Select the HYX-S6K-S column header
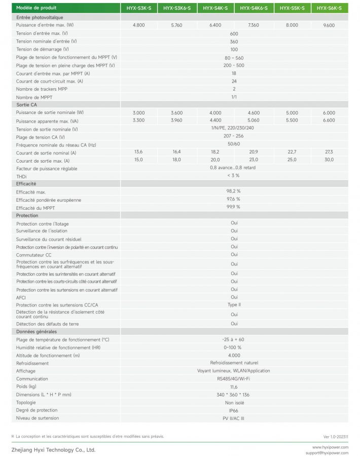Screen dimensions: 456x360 pyautogui.click(x=329, y=8)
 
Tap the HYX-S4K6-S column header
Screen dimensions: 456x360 pyautogui.click(x=254, y=8)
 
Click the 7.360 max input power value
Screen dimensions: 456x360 pyautogui.click(x=254, y=25)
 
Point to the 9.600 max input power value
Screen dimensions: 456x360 pyautogui.click(x=329, y=25)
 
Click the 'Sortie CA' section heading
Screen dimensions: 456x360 pyautogui.click(x=26, y=104)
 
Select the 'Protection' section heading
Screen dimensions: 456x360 pyautogui.click(x=27, y=215)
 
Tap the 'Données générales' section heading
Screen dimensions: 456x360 pyautogui.click(x=36, y=331)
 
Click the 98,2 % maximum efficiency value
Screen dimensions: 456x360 pyautogui.click(x=234, y=192)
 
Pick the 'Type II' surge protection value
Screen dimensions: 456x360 pyautogui.click(x=234, y=305)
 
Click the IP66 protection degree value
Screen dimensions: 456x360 pyautogui.click(x=234, y=410)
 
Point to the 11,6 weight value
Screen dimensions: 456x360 pyautogui.click(x=234, y=387)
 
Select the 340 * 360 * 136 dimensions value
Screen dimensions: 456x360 pyautogui.click(x=234, y=395)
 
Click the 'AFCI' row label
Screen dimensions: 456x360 pyautogui.click(x=21, y=297)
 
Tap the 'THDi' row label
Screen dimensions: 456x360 pyautogui.click(x=21, y=176)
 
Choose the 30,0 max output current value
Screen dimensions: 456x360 pyautogui.click(x=329, y=160)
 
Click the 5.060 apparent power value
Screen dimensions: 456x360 pyautogui.click(x=254, y=121)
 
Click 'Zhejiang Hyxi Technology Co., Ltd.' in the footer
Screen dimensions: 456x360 pyautogui.click(x=53, y=449)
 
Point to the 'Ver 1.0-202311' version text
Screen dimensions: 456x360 pyautogui.click(x=335, y=436)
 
